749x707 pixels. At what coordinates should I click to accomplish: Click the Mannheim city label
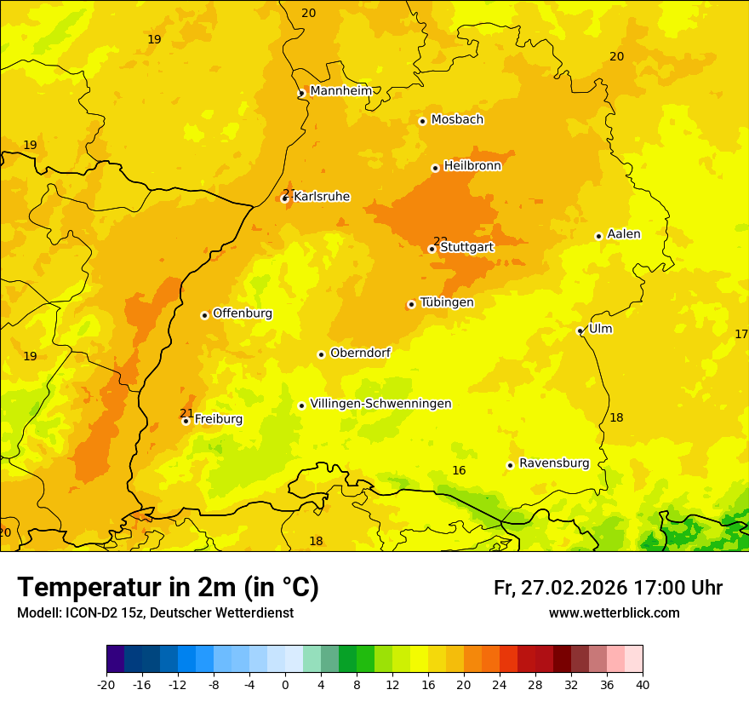[x=340, y=91]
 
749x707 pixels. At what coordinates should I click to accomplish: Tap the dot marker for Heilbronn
[x=435, y=168]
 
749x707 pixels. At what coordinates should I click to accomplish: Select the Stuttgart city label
[x=466, y=248]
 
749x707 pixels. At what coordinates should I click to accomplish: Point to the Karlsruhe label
[x=321, y=197]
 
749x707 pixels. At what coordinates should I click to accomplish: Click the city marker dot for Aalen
[x=598, y=236]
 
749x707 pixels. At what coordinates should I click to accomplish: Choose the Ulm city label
[x=600, y=329]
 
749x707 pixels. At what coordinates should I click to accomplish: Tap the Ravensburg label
[x=553, y=463]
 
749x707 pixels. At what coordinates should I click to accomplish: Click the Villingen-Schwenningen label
[x=380, y=404]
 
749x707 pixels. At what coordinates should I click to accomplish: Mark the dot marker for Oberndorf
[x=321, y=354]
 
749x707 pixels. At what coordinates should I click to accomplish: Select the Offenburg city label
[x=243, y=313]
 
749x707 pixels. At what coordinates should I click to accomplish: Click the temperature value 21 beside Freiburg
[x=186, y=413]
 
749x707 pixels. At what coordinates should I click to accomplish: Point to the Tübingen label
[x=446, y=302]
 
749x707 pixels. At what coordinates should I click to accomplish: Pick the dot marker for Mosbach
[x=422, y=121]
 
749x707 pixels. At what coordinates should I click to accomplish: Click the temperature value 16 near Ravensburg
[x=459, y=471]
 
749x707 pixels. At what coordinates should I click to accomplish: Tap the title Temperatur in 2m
[x=168, y=587]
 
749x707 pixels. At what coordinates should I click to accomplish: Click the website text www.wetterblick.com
[x=614, y=613]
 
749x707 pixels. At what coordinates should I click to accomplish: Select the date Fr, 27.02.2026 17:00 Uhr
[x=608, y=588]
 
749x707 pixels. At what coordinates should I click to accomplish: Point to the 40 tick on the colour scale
[x=643, y=684]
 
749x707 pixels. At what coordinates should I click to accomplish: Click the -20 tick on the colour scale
[x=106, y=684]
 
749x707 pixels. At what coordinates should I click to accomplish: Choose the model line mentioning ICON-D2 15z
[x=155, y=613]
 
